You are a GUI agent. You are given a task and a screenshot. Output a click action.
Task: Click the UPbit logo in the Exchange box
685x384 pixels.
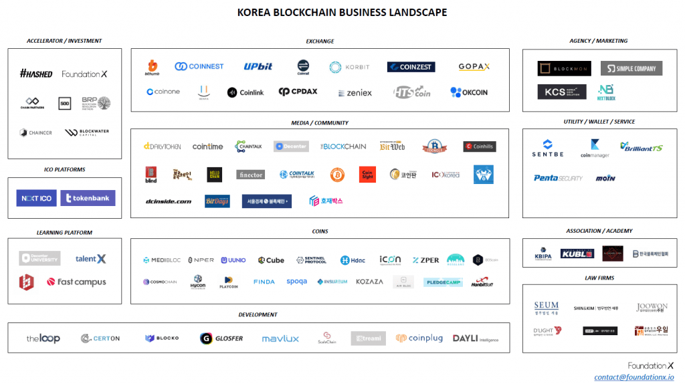(x=258, y=67)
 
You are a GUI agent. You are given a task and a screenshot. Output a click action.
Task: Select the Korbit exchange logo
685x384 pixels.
(x=349, y=68)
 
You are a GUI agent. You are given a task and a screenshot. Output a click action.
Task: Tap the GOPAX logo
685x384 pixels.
(x=474, y=67)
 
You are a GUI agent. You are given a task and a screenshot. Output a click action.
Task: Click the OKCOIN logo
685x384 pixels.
(x=469, y=92)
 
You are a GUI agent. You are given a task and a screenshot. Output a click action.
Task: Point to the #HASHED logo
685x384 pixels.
(x=36, y=74)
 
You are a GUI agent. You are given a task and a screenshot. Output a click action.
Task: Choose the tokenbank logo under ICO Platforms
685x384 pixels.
(x=88, y=198)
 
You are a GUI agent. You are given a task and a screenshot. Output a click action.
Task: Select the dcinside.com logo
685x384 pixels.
(x=169, y=201)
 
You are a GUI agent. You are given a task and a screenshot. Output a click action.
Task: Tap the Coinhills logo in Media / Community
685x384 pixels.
(x=480, y=147)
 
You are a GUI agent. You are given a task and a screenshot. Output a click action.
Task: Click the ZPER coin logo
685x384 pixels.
(x=426, y=260)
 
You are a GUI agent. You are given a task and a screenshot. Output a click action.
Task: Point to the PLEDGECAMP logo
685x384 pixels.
(x=443, y=282)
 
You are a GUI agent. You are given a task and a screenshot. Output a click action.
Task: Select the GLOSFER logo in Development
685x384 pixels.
(x=221, y=339)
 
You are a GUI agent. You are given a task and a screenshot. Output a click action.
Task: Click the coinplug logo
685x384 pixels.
(x=419, y=339)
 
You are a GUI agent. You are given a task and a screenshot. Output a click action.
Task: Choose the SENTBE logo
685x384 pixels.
(x=548, y=149)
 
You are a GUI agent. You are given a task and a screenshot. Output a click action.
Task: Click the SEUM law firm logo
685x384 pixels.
(x=547, y=308)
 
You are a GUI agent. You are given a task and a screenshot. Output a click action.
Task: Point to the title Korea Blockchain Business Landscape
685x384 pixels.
(x=342, y=13)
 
